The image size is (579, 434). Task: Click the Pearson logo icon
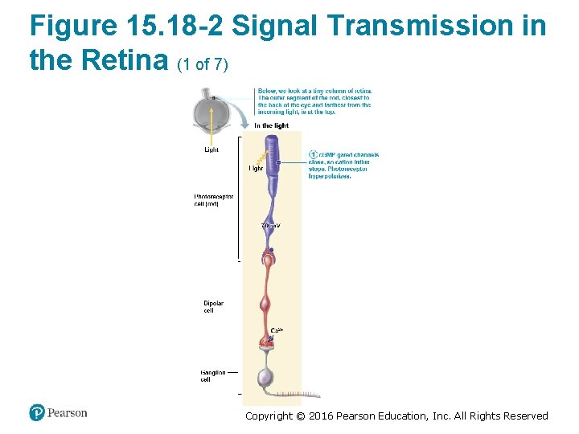[x=37, y=412]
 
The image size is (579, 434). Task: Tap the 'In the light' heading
[x=271, y=125]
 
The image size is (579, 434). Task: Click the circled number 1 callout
[x=314, y=154]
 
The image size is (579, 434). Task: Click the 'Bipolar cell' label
[x=213, y=306]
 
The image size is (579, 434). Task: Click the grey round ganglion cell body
[x=265, y=377]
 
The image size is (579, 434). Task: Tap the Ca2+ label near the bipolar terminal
[x=277, y=330]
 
